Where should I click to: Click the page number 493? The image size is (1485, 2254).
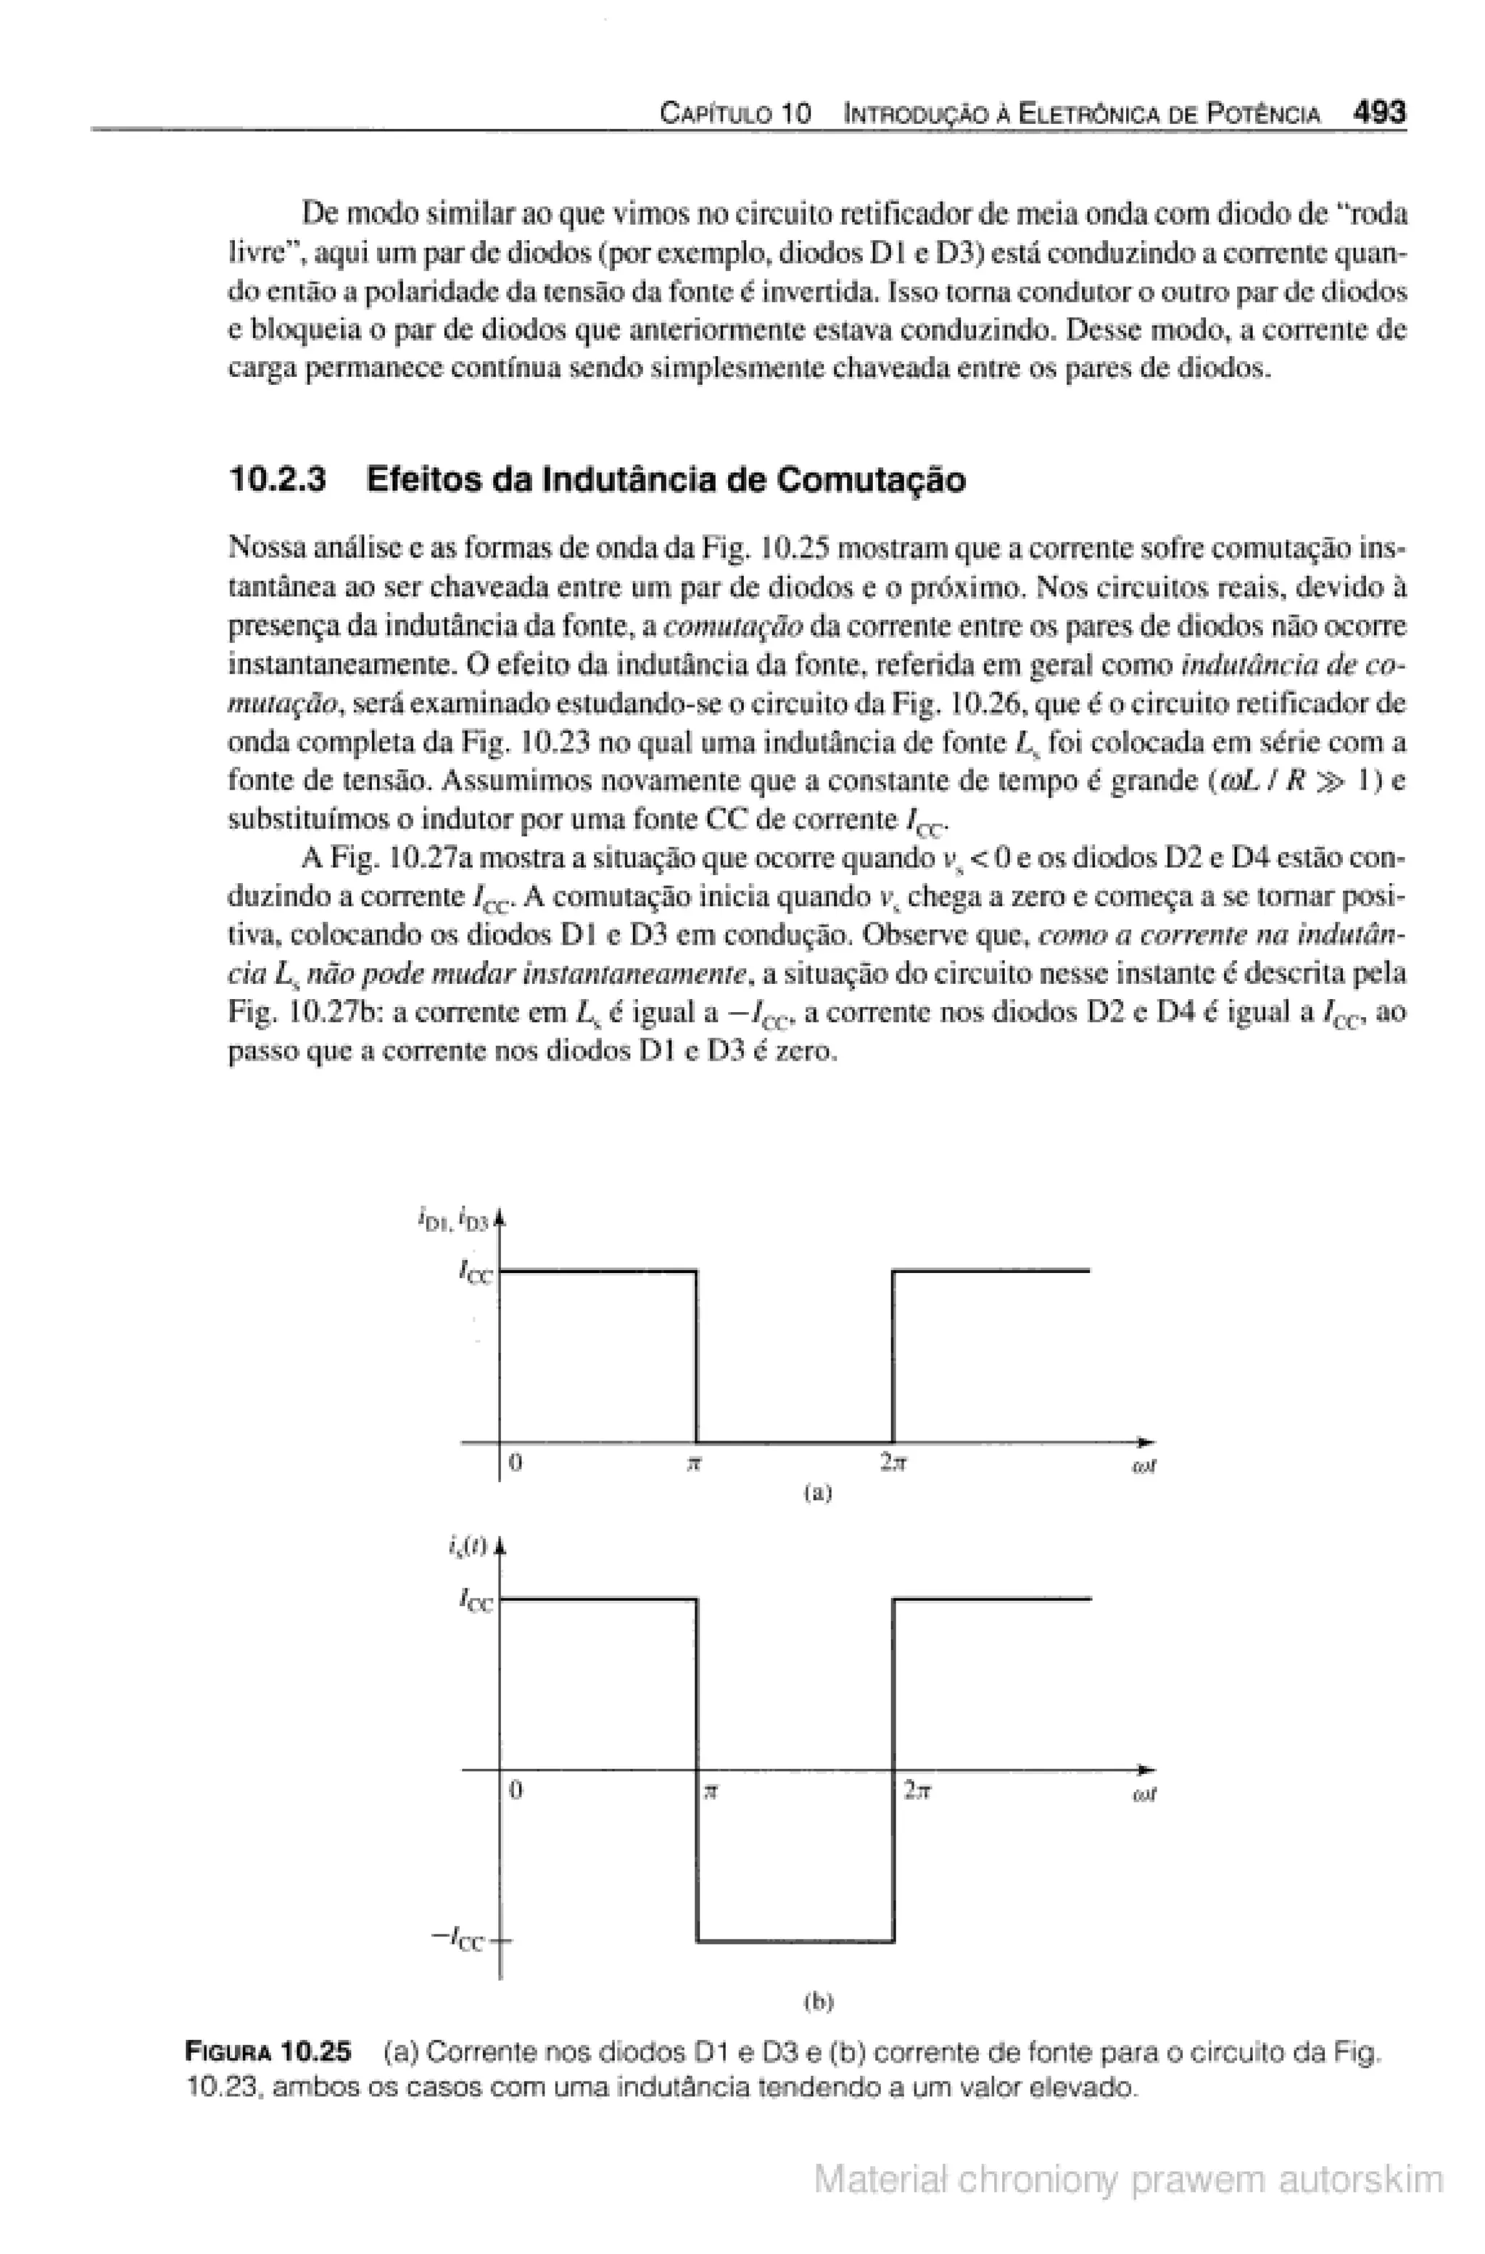[1380, 114]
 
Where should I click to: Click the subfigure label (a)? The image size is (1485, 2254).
[816, 1493]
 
